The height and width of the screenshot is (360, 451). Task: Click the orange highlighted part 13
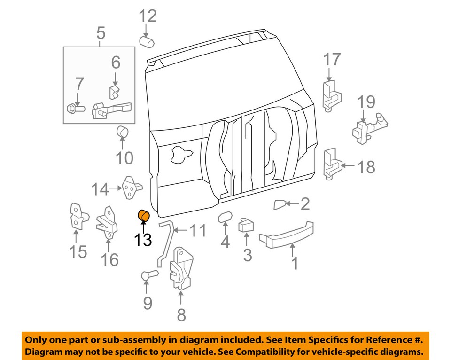[x=143, y=216]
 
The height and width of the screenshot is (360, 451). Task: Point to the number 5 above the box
[x=101, y=33]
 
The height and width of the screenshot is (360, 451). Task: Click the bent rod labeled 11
[x=164, y=244]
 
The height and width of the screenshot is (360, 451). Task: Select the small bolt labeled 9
[x=147, y=276]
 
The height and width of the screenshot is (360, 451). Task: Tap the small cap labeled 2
[x=280, y=204]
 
